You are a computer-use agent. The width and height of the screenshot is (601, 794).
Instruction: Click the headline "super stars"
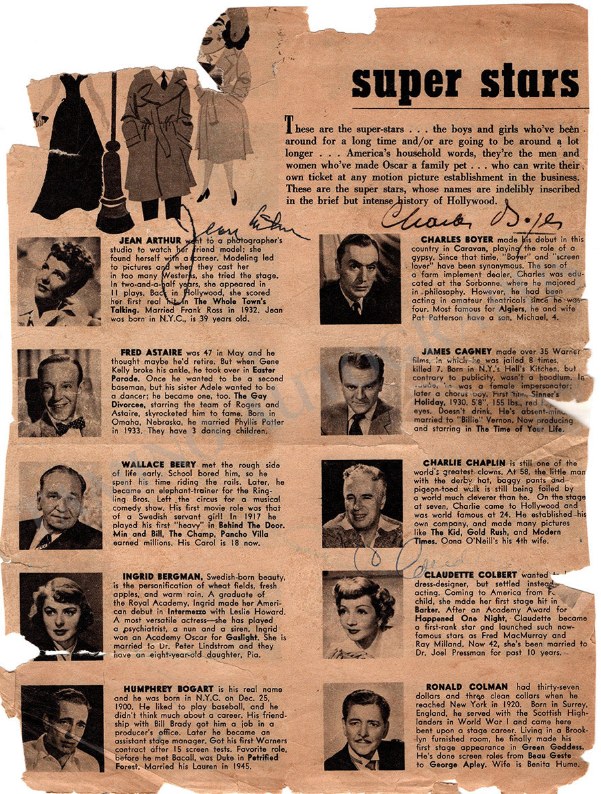point(465,82)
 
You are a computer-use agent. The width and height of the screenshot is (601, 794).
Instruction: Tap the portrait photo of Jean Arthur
point(59,282)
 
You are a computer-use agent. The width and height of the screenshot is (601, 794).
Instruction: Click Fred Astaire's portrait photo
point(59,393)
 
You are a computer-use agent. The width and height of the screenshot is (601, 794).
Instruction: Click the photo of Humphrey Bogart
point(62,728)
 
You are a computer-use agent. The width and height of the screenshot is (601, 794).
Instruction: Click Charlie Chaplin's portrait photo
point(362,504)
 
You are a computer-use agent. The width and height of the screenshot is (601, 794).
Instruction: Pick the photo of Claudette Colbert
point(363,614)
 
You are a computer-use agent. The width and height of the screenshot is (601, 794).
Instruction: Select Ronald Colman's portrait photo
point(364,726)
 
